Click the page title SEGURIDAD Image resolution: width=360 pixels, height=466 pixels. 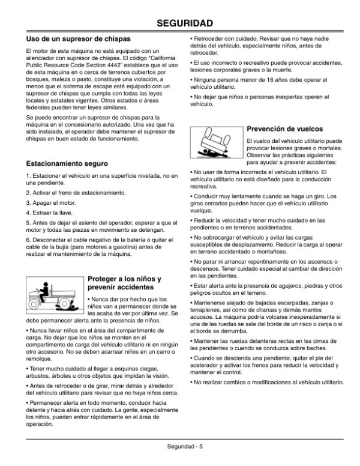180,23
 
